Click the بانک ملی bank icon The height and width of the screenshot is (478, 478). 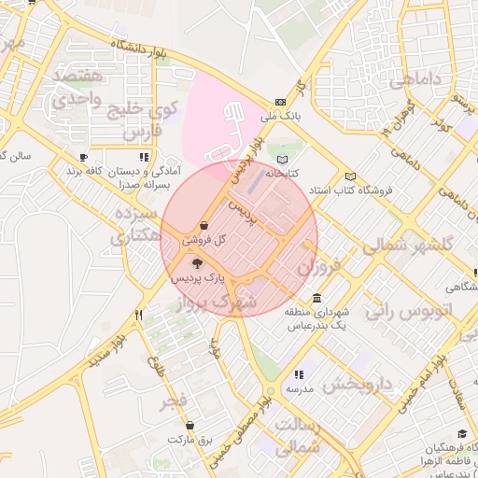281,103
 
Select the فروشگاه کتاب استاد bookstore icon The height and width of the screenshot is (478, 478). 350,176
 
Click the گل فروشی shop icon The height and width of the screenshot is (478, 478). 204,225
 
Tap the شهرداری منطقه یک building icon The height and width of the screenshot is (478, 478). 318,299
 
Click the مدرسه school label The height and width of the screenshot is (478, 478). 299,387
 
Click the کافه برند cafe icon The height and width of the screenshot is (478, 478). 83,157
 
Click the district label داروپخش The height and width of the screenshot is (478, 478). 360,384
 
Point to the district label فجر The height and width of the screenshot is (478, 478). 174,401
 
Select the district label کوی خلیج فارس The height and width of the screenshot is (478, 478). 136,119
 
